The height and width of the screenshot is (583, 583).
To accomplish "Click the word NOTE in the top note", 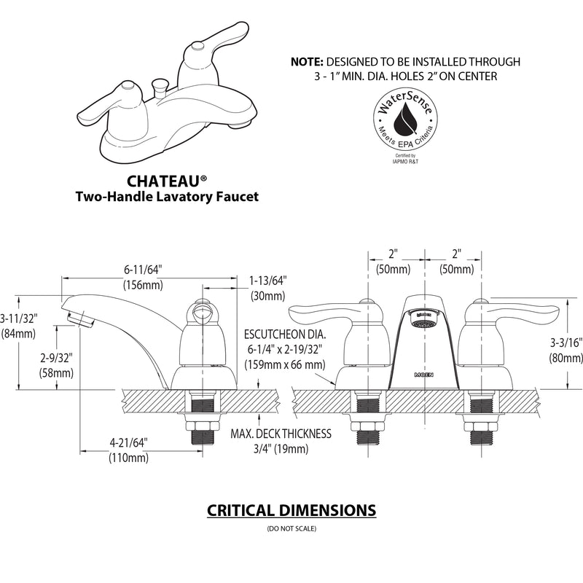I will [307, 62].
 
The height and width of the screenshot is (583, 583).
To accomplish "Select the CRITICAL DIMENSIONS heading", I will [291, 509].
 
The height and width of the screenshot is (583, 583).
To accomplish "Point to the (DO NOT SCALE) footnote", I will [291, 528].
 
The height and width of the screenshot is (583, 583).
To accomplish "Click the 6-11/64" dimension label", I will [142, 269].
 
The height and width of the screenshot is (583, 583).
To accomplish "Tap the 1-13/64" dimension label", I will [268, 280].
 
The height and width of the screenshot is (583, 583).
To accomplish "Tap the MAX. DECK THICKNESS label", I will [281, 434].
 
